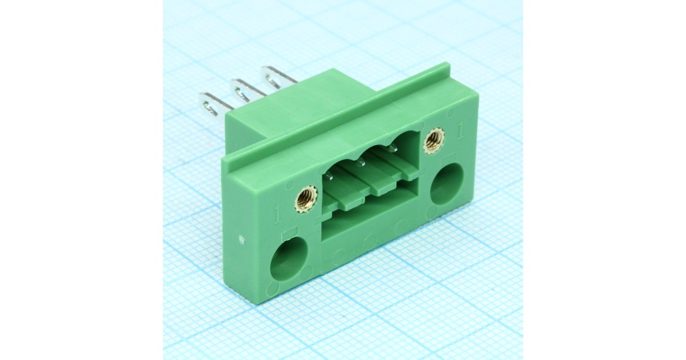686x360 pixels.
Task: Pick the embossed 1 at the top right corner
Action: tap(460, 130)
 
